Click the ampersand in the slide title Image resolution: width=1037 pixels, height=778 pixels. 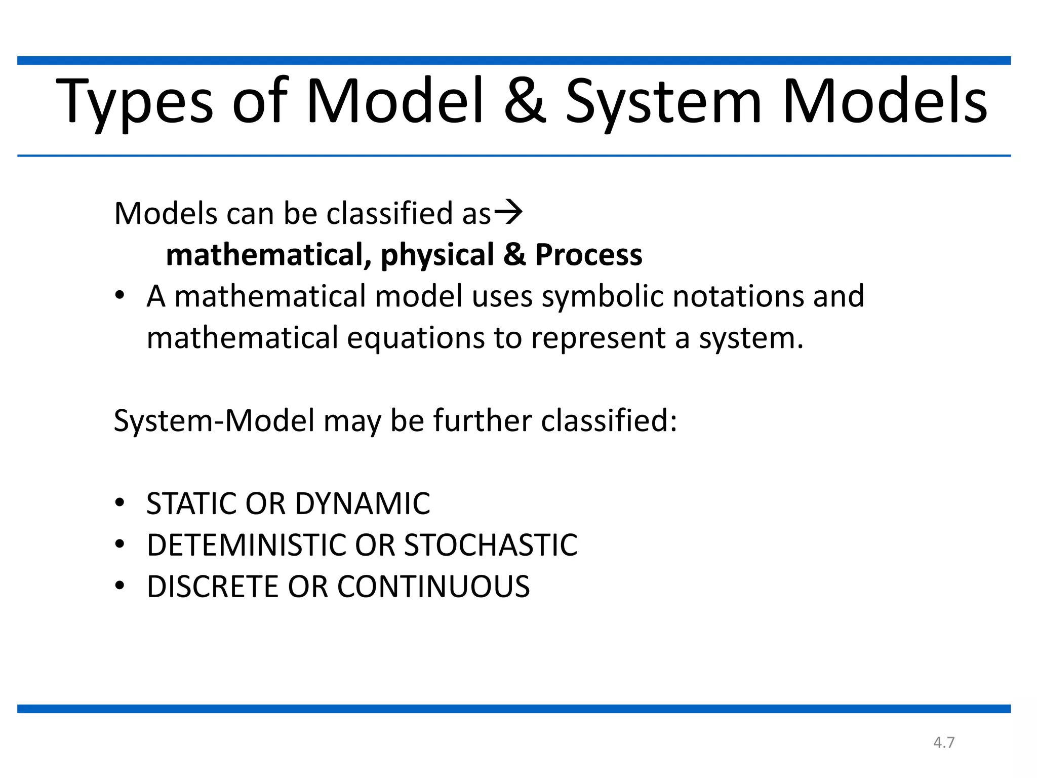[525, 101]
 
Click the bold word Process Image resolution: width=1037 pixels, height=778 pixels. [589, 255]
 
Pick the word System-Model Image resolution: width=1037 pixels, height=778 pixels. [214, 421]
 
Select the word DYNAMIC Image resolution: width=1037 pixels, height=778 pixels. [363, 504]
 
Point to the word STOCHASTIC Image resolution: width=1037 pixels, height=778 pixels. [491, 546]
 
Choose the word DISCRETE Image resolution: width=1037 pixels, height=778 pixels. [213, 587]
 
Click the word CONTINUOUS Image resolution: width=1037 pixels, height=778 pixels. [433, 587]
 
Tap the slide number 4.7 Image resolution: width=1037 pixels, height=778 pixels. [944, 743]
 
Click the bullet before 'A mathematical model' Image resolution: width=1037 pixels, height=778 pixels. [119, 296]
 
